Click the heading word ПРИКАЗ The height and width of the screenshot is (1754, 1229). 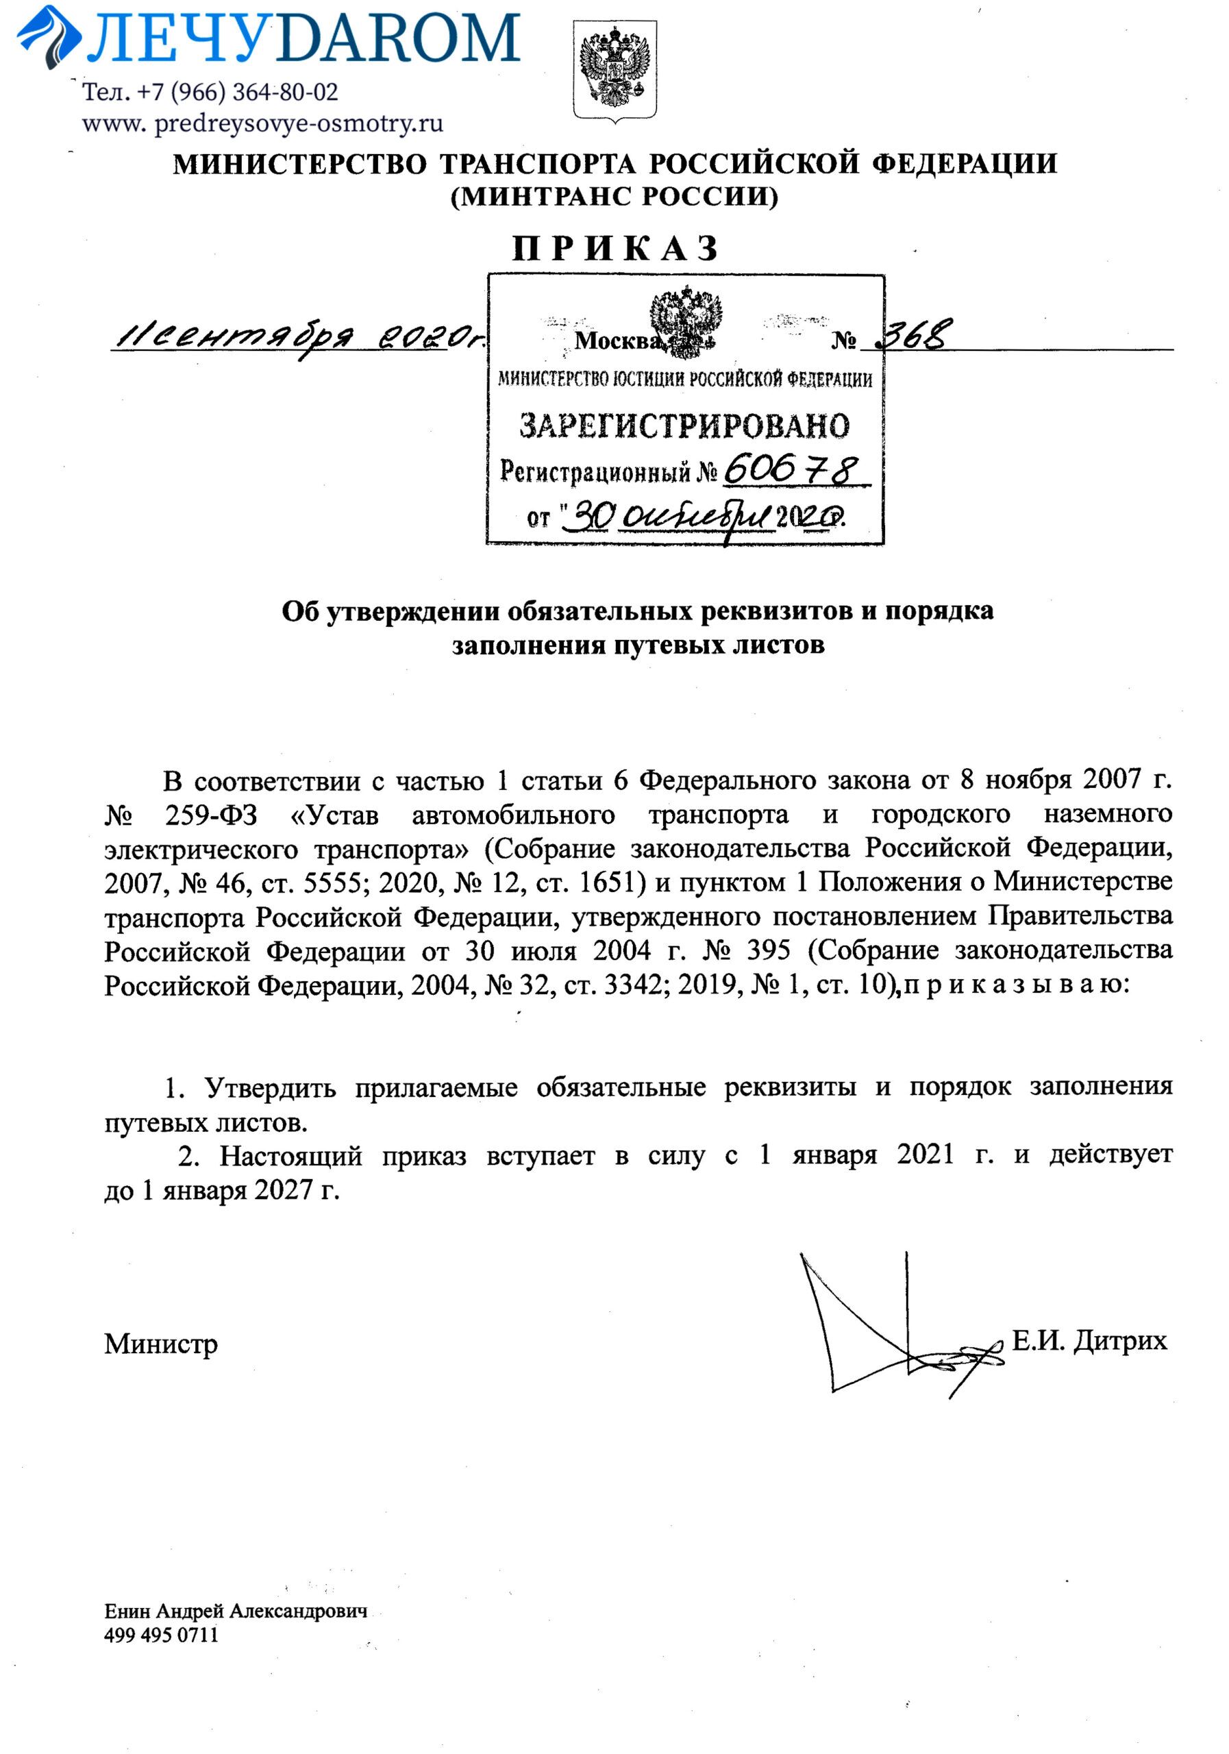click(615, 248)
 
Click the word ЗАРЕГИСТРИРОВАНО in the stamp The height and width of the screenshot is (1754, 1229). click(684, 425)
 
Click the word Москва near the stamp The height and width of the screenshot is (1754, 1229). click(617, 341)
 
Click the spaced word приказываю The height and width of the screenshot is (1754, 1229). click(1015, 985)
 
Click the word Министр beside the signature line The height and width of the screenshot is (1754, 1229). click(160, 1344)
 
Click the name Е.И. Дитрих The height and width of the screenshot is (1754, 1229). click(1089, 1340)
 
